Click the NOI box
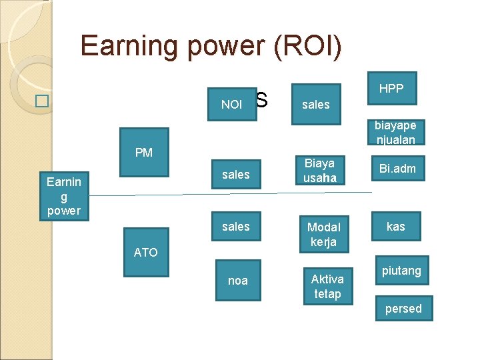(x=232, y=104)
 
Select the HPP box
(x=391, y=89)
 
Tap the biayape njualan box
(x=395, y=132)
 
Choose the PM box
(x=143, y=153)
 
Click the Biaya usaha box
(x=319, y=170)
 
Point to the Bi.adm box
(x=397, y=169)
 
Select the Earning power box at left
(x=63, y=196)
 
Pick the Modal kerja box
(x=323, y=234)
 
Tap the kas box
(x=395, y=227)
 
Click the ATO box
(x=145, y=252)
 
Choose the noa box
(x=237, y=281)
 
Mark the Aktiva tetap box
(x=327, y=286)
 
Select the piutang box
(x=401, y=271)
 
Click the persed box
(x=403, y=309)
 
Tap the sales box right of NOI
(x=316, y=104)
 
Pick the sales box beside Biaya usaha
(x=235, y=175)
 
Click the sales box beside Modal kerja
(x=235, y=227)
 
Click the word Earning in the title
(x=126, y=45)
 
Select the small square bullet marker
(x=43, y=102)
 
